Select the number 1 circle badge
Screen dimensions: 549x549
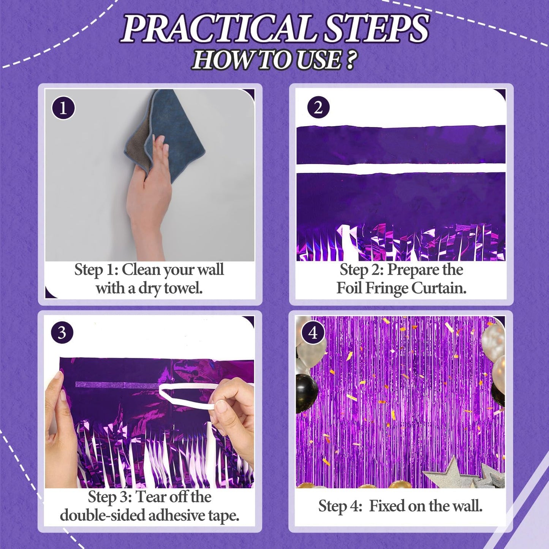pyautogui.click(x=63, y=108)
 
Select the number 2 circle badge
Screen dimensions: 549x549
pyautogui.click(x=318, y=108)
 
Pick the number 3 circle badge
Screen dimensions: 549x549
pyautogui.click(x=62, y=333)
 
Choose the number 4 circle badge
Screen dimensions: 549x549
pyautogui.click(x=313, y=333)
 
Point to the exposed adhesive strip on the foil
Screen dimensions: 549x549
pyautogui.click(x=114, y=385)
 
